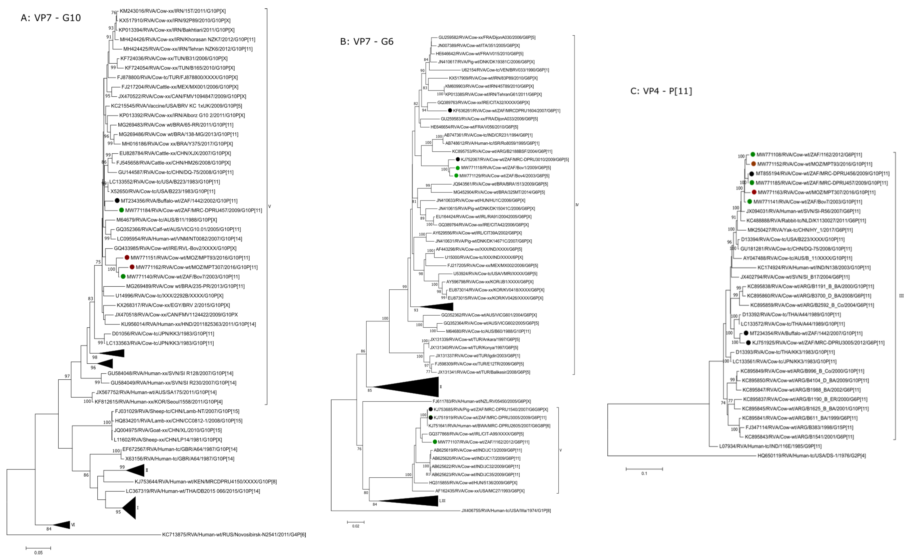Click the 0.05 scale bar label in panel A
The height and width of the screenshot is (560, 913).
[x=38, y=553]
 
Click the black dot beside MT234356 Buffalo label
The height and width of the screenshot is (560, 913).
[x=117, y=201]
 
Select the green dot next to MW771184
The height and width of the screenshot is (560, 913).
[x=121, y=210]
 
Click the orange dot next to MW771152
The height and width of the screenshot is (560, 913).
[x=753, y=164]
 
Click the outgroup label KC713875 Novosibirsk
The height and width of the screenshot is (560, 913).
[x=234, y=534]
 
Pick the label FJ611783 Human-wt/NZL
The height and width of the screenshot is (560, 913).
[x=482, y=401]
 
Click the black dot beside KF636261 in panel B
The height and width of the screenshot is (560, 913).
[x=450, y=110]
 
